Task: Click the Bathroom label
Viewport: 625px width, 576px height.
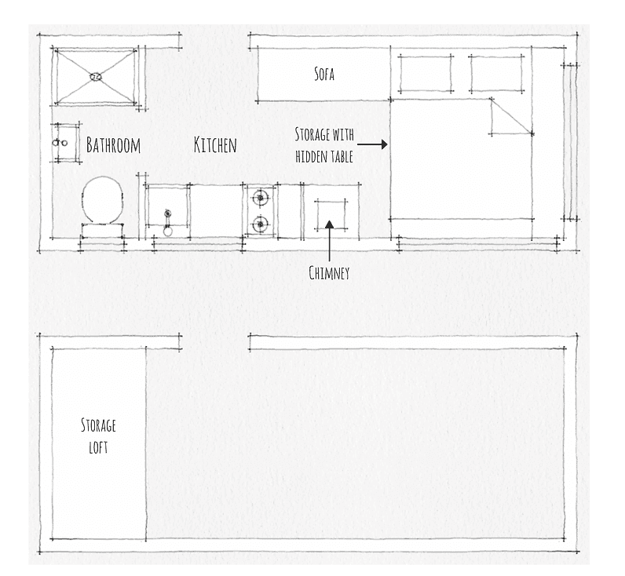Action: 113,145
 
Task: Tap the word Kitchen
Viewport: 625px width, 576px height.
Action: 215,144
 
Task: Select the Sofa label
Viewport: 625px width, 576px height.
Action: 324,74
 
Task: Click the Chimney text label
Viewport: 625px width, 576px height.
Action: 329,273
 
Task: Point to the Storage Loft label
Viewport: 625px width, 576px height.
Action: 98,436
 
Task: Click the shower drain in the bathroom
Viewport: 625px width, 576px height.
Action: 96,76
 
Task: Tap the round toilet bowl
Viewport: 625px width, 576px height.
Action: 103,200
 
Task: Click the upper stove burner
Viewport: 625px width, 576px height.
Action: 260,198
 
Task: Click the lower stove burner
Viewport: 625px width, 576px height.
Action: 260,224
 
